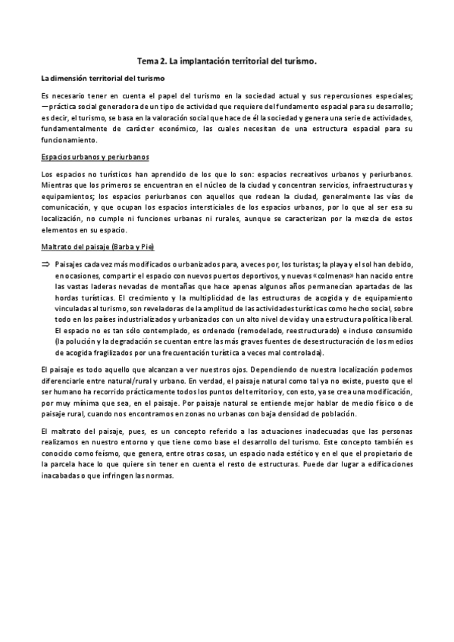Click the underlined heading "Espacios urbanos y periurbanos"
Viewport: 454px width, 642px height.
tap(95, 157)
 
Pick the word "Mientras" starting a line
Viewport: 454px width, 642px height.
tap(58, 185)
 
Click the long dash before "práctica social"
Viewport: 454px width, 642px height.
tap(45, 108)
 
